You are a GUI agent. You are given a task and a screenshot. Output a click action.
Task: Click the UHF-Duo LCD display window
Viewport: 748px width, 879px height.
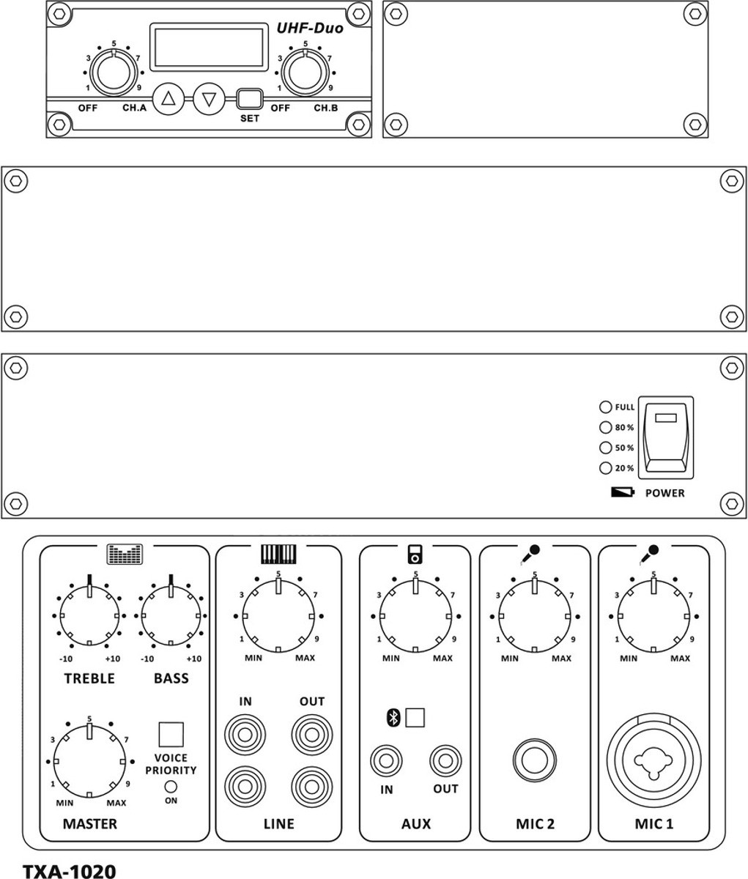coord(209,47)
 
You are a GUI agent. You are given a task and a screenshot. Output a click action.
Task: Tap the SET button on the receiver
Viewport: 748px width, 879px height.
coord(250,99)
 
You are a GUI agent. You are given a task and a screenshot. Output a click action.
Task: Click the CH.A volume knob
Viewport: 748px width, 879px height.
coord(114,73)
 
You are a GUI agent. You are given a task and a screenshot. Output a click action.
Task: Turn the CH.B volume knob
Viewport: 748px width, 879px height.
coord(306,73)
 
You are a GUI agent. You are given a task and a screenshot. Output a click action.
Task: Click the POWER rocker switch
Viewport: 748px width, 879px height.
coord(666,437)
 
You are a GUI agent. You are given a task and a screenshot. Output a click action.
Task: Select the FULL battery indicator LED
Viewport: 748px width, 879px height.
coord(606,407)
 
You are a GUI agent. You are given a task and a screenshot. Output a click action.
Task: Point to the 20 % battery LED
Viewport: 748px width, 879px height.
coord(606,468)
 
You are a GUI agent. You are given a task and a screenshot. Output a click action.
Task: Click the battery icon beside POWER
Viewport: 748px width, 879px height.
coord(623,492)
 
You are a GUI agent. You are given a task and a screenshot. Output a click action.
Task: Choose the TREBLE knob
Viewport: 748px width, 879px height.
coord(89,616)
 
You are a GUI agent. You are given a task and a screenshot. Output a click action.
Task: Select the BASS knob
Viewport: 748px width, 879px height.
coord(171,616)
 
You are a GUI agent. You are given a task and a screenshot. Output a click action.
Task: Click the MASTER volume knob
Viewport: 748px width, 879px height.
coord(89,761)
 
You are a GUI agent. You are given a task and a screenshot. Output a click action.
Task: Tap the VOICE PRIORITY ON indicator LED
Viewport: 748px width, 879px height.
coord(171,787)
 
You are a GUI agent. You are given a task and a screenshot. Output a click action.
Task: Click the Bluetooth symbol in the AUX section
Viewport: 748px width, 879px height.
coord(393,718)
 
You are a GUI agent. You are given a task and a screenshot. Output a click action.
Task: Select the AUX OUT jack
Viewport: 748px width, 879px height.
coord(445,761)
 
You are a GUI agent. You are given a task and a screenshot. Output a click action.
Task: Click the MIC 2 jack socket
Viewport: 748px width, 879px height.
coord(535,760)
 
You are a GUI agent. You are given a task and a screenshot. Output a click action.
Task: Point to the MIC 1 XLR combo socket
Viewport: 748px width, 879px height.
coord(653,760)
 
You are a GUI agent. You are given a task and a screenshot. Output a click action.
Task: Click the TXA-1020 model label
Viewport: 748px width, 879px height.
coord(69,870)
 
